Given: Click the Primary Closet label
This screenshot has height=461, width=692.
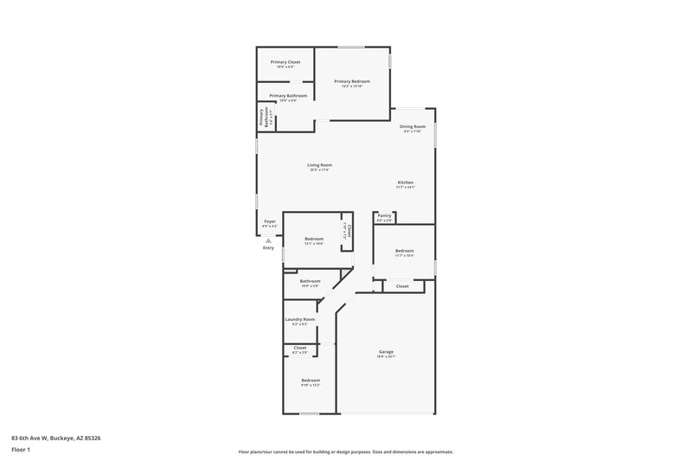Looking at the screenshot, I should point(285,62).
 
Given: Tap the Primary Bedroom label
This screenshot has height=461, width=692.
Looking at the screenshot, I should point(351,81).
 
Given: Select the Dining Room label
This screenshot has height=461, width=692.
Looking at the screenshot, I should point(413,126).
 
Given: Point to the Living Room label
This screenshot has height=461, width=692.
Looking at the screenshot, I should point(320,165).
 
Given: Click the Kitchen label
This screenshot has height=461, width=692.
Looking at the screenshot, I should point(406,182).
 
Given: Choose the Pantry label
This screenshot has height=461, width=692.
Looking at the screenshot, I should point(384,216).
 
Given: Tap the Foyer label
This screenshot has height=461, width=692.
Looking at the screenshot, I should point(270,221).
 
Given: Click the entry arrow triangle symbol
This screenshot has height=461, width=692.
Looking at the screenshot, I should point(268,240).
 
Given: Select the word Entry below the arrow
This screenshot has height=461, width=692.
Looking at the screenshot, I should point(268,248).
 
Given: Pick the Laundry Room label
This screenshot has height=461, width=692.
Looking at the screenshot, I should point(300,319).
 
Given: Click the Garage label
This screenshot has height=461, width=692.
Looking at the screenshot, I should point(386,351).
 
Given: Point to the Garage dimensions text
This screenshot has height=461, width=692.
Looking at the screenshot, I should point(386,356).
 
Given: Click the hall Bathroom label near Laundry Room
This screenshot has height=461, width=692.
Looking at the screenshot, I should point(311,281).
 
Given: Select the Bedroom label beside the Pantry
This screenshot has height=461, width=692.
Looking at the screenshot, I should point(405,251).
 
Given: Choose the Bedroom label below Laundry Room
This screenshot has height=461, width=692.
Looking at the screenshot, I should point(311,381).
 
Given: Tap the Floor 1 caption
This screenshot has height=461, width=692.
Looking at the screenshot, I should point(21,450).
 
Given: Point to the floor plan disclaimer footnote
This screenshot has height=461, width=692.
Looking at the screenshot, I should point(346,451).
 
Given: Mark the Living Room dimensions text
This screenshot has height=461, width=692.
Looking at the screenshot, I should point(320,170).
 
